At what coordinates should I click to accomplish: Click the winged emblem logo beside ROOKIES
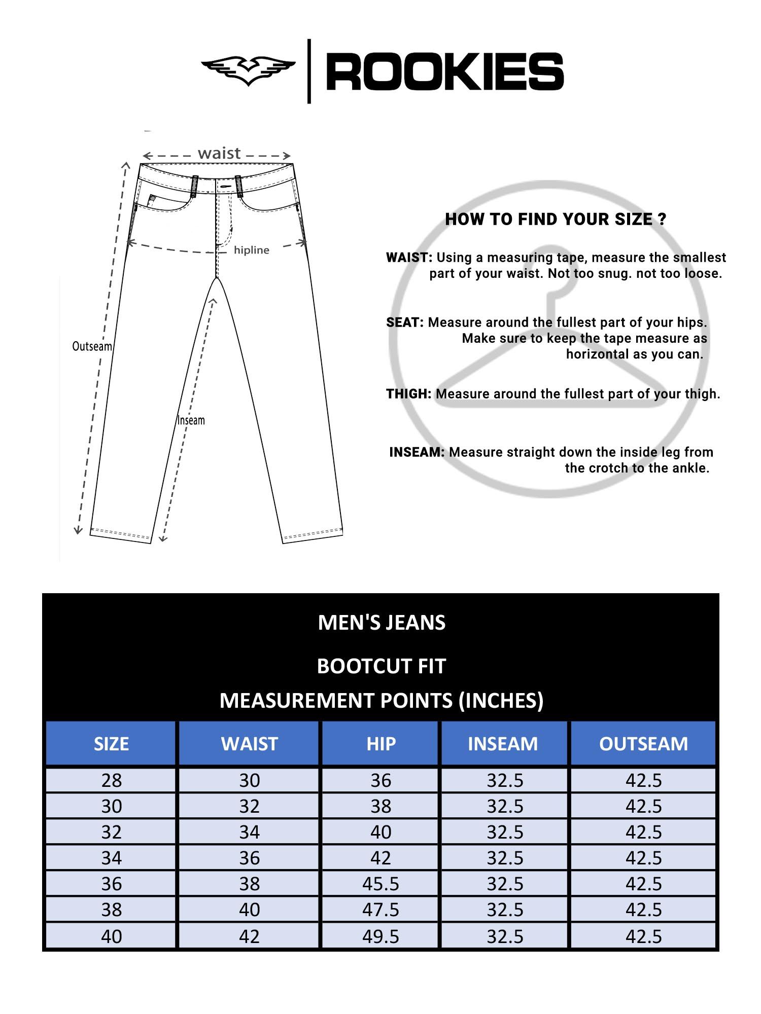[248, 70]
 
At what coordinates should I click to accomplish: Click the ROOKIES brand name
[445, 71]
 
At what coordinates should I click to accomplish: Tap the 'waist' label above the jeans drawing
[219, 153]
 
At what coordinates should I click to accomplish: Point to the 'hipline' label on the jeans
[251, 250]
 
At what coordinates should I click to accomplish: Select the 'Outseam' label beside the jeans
[92, 346]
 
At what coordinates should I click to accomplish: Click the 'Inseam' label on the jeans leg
[191, 420]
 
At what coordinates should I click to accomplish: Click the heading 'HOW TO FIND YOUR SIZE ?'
[556, 219]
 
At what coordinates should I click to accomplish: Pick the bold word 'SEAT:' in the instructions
[405, 322]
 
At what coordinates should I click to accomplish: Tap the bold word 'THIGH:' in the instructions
[408, 394]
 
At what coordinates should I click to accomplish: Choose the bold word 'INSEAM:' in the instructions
[417, 452]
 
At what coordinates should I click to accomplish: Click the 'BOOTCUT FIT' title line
[381, 666]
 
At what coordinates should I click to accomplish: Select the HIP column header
[380, 744]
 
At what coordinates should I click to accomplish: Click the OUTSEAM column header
[643, 744]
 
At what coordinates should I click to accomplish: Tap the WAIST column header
[249, 744]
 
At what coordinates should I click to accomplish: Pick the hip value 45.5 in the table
[380, 884]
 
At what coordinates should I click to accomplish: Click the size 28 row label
[112, 780]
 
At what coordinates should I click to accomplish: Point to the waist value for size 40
[249, 936]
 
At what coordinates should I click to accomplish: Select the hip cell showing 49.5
[380, 936]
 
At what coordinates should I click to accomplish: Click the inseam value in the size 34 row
[505, 858]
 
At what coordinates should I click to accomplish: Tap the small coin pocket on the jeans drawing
[152, 200]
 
